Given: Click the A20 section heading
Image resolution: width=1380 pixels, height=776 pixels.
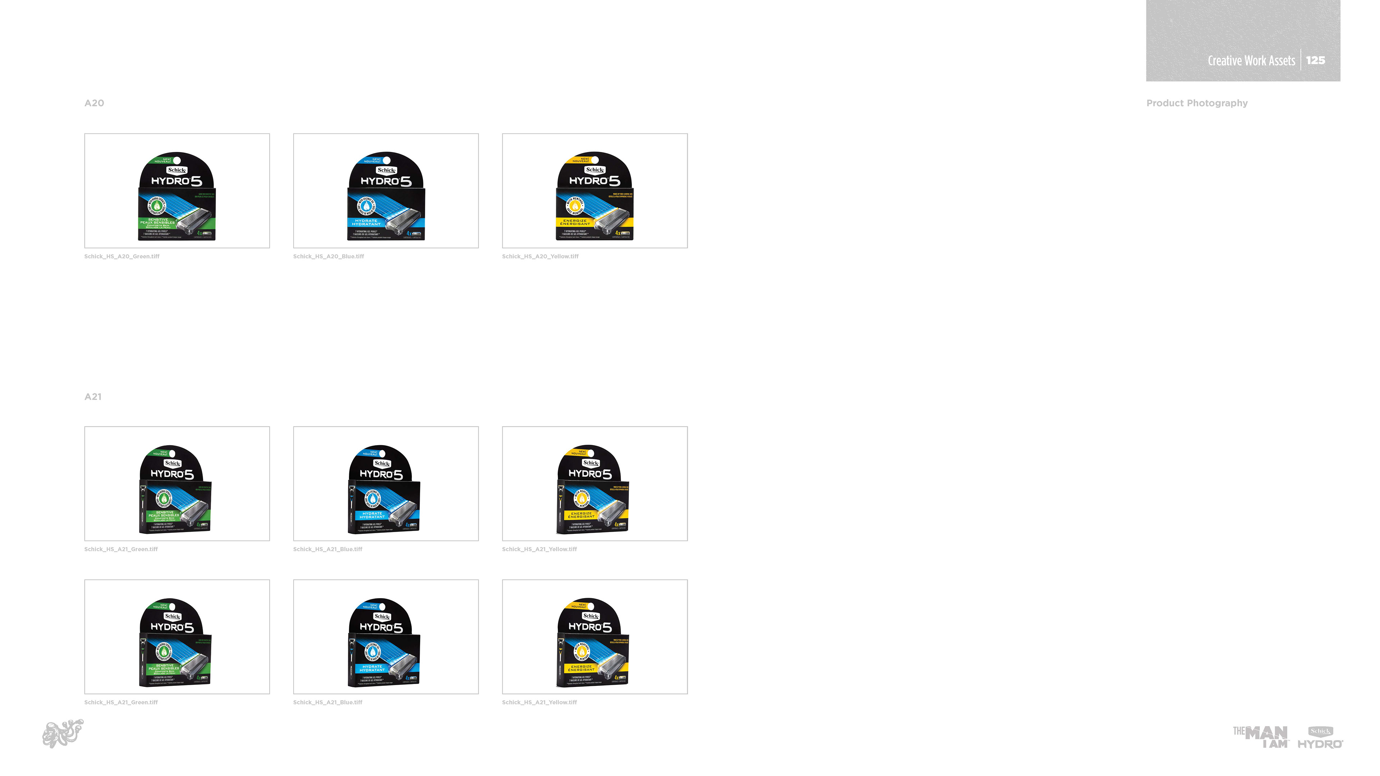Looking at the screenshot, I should click(94, 103).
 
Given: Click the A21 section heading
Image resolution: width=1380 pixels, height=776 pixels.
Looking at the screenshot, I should click(93, 397).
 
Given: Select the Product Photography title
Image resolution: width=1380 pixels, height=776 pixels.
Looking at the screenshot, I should click(1196, 103).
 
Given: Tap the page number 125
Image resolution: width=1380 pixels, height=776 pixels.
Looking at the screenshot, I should click(1315, 60).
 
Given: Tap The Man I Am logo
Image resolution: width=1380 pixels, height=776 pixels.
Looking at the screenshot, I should click(1261, 737).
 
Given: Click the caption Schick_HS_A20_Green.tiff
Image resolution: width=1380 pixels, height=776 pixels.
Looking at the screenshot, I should click(121, 257).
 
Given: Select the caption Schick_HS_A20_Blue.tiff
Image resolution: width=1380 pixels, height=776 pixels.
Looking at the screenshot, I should click(328, 257).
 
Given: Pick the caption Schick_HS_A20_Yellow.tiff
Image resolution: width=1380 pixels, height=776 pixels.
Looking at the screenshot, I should click(540, 257).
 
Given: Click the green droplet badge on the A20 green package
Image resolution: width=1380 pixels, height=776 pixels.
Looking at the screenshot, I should click(157, 205).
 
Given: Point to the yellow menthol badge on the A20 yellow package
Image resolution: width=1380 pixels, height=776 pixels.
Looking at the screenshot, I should click(575, 205).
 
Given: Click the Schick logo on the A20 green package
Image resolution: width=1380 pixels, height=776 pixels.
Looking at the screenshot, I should click(177, 170).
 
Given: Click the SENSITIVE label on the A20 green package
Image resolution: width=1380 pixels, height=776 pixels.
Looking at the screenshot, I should click(157, 219).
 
